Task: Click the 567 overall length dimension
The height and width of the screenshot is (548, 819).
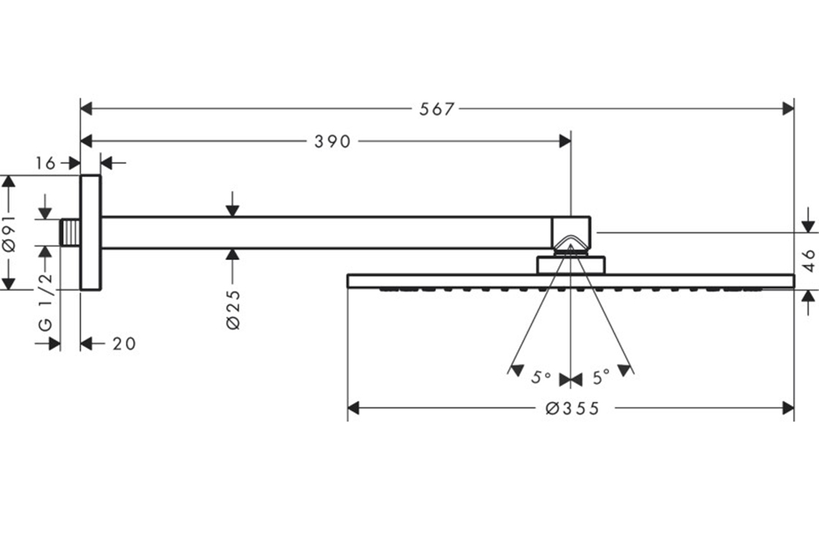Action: pos(437,110)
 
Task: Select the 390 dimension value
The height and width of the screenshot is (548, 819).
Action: pos(333,142)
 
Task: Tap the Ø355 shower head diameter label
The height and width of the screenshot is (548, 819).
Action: pos(572,408)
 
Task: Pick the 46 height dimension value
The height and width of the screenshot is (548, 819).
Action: pos(809,261)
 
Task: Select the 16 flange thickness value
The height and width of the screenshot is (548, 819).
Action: pos(45,163)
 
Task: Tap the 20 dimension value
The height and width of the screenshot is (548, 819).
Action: pos(124,343)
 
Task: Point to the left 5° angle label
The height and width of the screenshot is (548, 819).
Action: pos(541,378)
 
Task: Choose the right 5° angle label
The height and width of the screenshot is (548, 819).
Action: pos(601,378)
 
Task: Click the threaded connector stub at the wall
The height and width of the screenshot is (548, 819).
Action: pos(70,232)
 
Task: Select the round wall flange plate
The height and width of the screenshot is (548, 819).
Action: pos(91,232)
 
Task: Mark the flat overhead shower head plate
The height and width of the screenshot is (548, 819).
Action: pos(570,281)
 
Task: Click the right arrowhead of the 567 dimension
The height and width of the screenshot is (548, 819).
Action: pos(788,109)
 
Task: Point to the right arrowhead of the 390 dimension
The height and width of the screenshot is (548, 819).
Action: pos(565,141)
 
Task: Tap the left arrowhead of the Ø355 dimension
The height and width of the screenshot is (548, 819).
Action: pos(354,408)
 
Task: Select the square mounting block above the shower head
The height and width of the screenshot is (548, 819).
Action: pos(571,265)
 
